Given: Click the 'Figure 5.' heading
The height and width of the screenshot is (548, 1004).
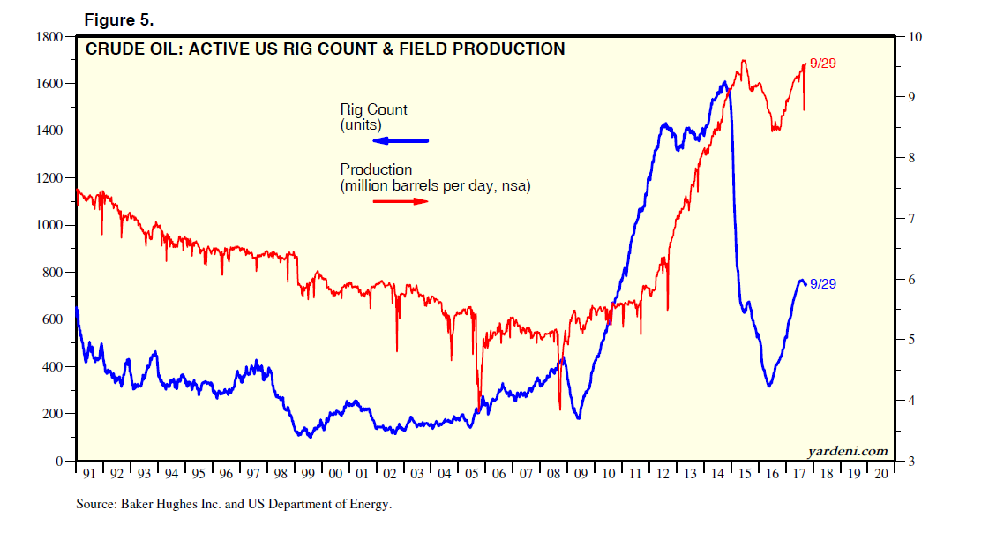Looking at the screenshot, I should click(118, 19).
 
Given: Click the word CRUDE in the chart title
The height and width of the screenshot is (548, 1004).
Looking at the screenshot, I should click(111, 49).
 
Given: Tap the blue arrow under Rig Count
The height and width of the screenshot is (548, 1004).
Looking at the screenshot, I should click(401, 141).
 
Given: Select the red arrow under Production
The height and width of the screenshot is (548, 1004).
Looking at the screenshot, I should click(401, 201).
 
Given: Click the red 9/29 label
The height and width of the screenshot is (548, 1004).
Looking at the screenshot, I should click(822, 64).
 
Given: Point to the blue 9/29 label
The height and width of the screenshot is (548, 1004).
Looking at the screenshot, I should click(822, 283).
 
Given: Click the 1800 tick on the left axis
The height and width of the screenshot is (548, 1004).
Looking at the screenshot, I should click(49, 37).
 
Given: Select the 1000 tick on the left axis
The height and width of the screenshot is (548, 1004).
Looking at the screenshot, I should click(49, 225).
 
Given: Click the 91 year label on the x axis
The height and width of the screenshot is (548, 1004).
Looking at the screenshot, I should click(89, 474).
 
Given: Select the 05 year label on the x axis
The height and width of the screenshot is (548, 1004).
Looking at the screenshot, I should click(472, 474).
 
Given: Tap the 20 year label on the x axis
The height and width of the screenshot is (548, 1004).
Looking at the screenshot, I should click(881, 474).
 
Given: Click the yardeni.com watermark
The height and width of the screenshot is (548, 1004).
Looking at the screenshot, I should click(848, 451).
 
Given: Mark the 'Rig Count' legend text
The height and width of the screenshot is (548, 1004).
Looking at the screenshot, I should click(374, 110).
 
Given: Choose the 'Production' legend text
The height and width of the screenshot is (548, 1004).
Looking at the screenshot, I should click(376, 169).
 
